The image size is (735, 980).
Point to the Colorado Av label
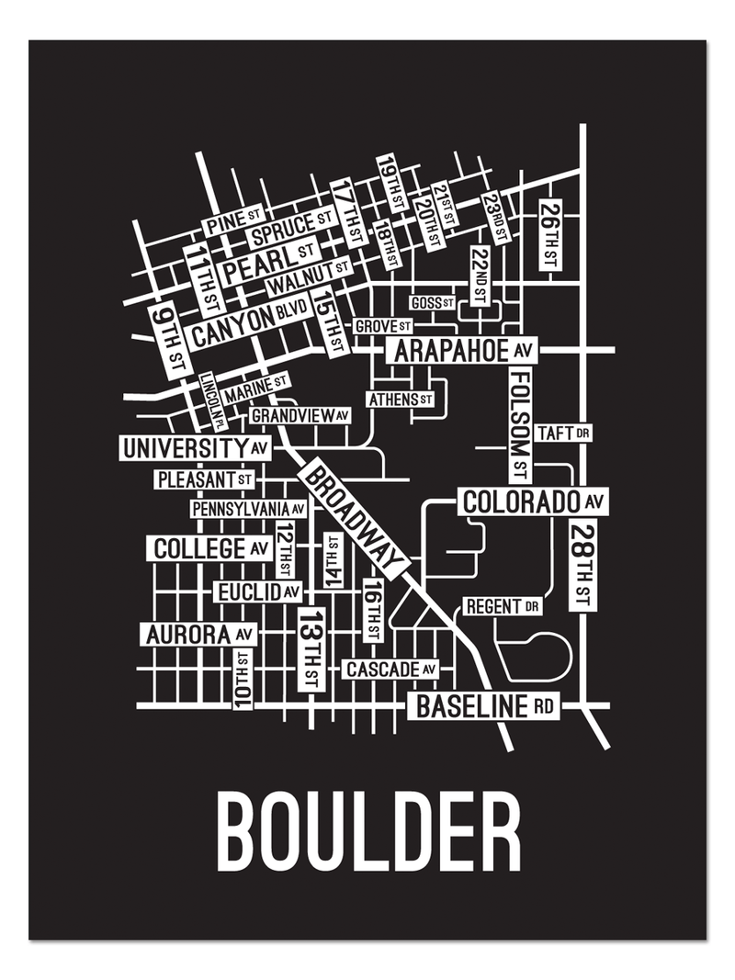click(534, 502)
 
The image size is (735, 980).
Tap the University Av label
click(198, 448)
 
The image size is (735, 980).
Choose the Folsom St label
click(520, 426)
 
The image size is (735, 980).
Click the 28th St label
click(581, 564)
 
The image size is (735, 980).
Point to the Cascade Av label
click(390, 670)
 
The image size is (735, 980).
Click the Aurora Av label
click(198, 635)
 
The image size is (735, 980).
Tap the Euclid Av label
click(257, 591)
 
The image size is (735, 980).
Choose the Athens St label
click(400, 400)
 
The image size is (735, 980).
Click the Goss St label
click(432, 302)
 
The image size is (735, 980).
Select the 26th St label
click(549, 235)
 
